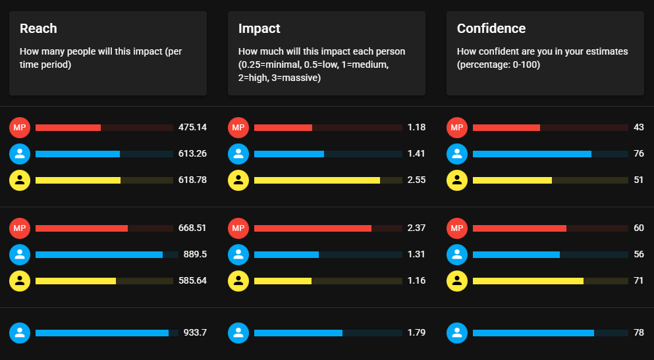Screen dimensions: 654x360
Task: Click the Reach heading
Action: pyautogui.click(x=38, y=28)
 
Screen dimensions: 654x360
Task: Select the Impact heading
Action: pyautogui.click(x=259, y=28)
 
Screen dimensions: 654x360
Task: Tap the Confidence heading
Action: pyautogui.click(x=491, y=28)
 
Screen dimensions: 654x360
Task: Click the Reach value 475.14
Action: pyautogui.click(x=192, y=127)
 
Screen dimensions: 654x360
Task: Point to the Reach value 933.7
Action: pyautogui.click(x=195, y=332)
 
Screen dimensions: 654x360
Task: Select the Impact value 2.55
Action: pyautogui.click(x=417, y=180)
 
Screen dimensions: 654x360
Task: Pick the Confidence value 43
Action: pyautogui.click(x=639, y=127)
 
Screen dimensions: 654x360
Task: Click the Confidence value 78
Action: pyautogui.click(x=639, y=332)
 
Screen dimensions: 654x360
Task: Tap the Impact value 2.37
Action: pyautogui.click(x=417, y=228)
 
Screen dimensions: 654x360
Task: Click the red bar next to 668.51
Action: pyautogui.click(x=82, y=228)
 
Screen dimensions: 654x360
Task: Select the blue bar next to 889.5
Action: pyautogui.click(x=99, y=255)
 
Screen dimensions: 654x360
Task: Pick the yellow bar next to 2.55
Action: pyautogui.click(x=317, y=180)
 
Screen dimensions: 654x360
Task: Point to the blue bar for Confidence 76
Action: pyautogui.click(x=531, y=154)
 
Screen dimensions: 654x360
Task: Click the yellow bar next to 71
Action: pyautogui.click(x=528, y=281)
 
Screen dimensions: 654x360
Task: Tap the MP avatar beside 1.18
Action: pyautogui.click(x=238, y=128)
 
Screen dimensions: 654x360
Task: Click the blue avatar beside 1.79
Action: pyautogui.click(x=238, y=333)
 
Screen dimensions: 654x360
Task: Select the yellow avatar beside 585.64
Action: pyautogui.click(x=20, y=281)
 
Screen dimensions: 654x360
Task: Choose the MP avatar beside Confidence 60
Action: pyautogui.click(x=456, y=228)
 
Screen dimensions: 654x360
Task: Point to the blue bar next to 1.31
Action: pyautogui.click(x=286, y=255)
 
